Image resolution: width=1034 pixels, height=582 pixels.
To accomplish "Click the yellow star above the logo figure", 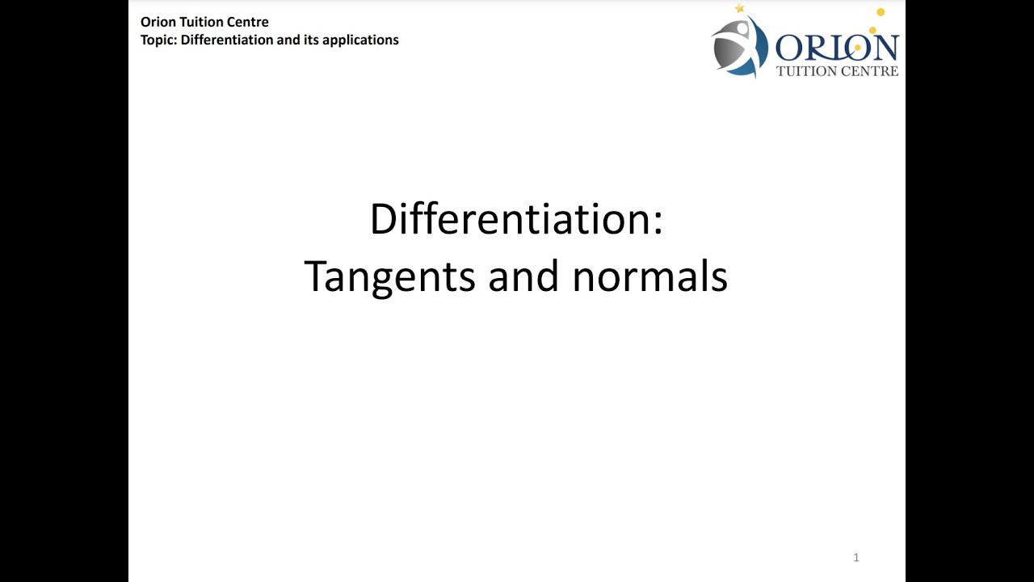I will pyautogui.click(x=738, y=8).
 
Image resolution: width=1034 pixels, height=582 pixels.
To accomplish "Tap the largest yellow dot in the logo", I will pyautogui.click(x=881, y=12).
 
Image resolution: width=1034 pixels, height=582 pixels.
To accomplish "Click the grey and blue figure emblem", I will pyautogui.click(x=738, y=47).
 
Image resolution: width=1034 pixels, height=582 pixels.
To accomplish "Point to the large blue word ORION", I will pyautogui.click(x=836, y=48).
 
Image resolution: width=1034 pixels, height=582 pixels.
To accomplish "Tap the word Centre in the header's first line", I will pyautogui.click(x=246, y=22).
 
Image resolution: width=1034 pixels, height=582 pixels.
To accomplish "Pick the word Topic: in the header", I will pyautogui.click(x=159, y=40).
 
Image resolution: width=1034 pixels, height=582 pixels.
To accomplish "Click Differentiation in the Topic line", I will pyautogui.click(x=227, y=40).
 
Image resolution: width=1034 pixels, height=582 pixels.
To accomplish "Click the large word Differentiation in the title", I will pyautogui.click(x=510, y=219).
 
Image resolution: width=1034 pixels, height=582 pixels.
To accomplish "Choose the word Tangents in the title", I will pyautogui.click(x=390, y=277).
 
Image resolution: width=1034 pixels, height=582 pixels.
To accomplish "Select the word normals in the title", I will pyautogui.click(x=649, y=277).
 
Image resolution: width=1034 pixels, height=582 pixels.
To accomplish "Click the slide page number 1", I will pyautogui.click(x=855, y=557).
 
